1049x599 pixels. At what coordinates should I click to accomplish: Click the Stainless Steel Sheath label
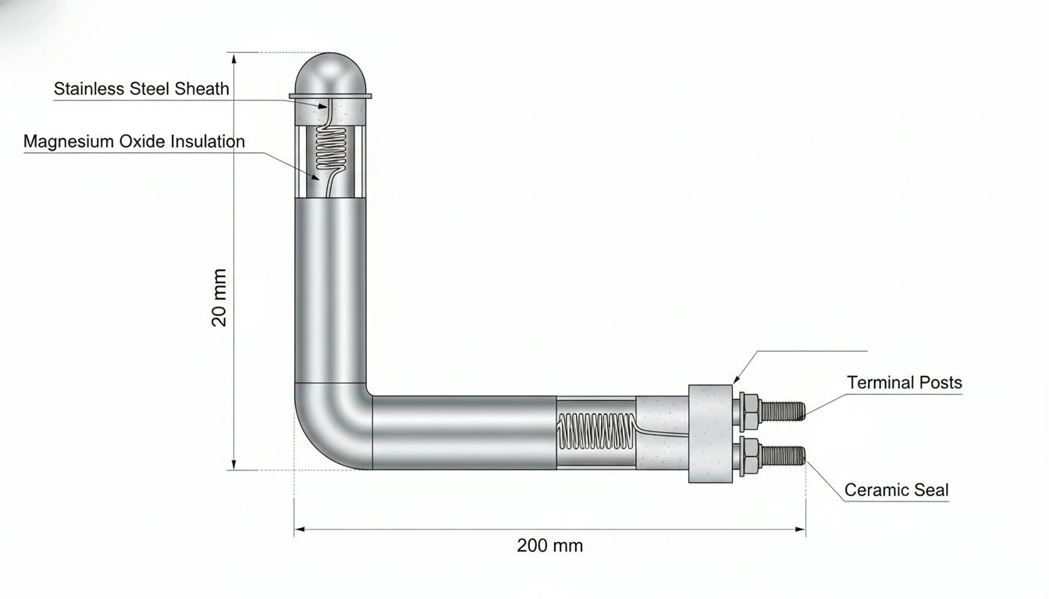coord(141,89)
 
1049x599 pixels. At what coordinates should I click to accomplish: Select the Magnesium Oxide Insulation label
coord(134,141)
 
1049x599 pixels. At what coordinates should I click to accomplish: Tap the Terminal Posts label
coord(905,383)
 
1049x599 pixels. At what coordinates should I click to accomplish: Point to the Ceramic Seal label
coord(896,490)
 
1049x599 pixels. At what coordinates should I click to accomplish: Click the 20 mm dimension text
coord(219,298)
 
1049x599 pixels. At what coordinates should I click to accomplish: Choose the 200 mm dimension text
coord(549,546)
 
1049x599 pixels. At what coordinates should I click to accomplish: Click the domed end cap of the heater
coord(330,75)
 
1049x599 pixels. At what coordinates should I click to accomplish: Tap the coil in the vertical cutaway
coord(331,150)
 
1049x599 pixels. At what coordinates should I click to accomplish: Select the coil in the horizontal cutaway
coord(595,431)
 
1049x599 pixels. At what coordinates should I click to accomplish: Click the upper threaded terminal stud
coord(783,411)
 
